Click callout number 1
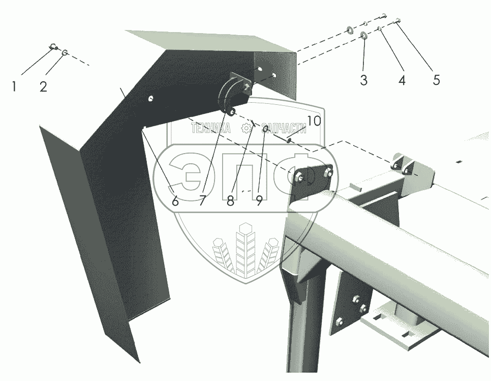click(x=14, y=86)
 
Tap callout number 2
click(x=43, y=86)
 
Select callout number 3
click(x=363, y=80)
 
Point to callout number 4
click(x=402, y=80)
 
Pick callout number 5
click(x=436, y=80)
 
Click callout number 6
click(x=175, y=201)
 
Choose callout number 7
click(x=202, y=201)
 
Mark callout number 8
click(x=230, y=201)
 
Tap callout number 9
click(x=259, y=201)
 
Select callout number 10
click(x=314, y=121)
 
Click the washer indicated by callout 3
click(x=364, y=35)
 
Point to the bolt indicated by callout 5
click(x=397, y=21)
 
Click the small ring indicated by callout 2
click(x=65, y=52)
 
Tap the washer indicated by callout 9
click(x=265, y=129)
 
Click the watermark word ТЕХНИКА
click(x=210, y=128)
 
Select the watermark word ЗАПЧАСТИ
click(x=284, y=128)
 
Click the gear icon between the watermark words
click(x=246, y=128)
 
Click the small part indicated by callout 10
click(x=289, y=140)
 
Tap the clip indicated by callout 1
click(x=53, y=47)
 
